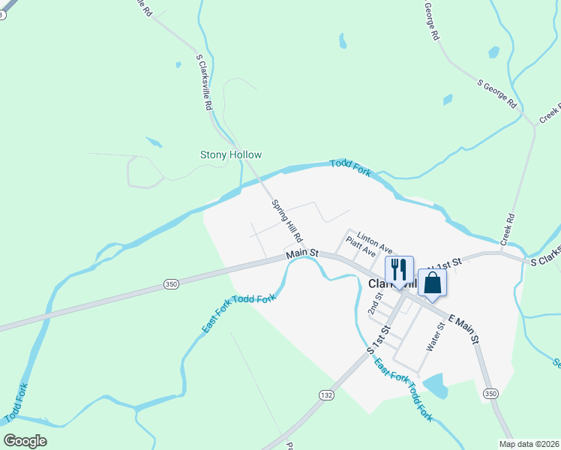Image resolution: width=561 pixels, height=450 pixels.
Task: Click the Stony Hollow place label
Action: coord(231,155)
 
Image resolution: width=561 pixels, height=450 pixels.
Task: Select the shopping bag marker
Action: coord(432,283)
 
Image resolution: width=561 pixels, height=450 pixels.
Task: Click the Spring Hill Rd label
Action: coord(286,220)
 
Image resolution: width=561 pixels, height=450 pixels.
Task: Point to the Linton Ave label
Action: coord(375,241)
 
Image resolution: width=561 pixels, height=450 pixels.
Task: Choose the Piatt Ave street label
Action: coord(360,247)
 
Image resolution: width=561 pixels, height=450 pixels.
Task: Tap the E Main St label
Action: coord(463,328)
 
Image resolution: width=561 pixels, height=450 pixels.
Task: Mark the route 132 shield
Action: coord(325,395)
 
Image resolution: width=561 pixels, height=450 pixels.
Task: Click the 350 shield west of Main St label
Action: coord(171,283)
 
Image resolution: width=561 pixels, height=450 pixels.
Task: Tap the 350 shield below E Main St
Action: coord(490,394)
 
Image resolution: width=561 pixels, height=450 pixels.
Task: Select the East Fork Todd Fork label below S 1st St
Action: coord(403,388)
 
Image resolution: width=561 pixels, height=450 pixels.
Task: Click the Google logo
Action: coord(25,441)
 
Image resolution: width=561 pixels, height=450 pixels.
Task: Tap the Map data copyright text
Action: coord(529,443)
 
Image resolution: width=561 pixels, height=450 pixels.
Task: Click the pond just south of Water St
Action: coord(435,385)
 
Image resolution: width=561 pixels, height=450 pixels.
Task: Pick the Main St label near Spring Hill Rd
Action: coord(302,255)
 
